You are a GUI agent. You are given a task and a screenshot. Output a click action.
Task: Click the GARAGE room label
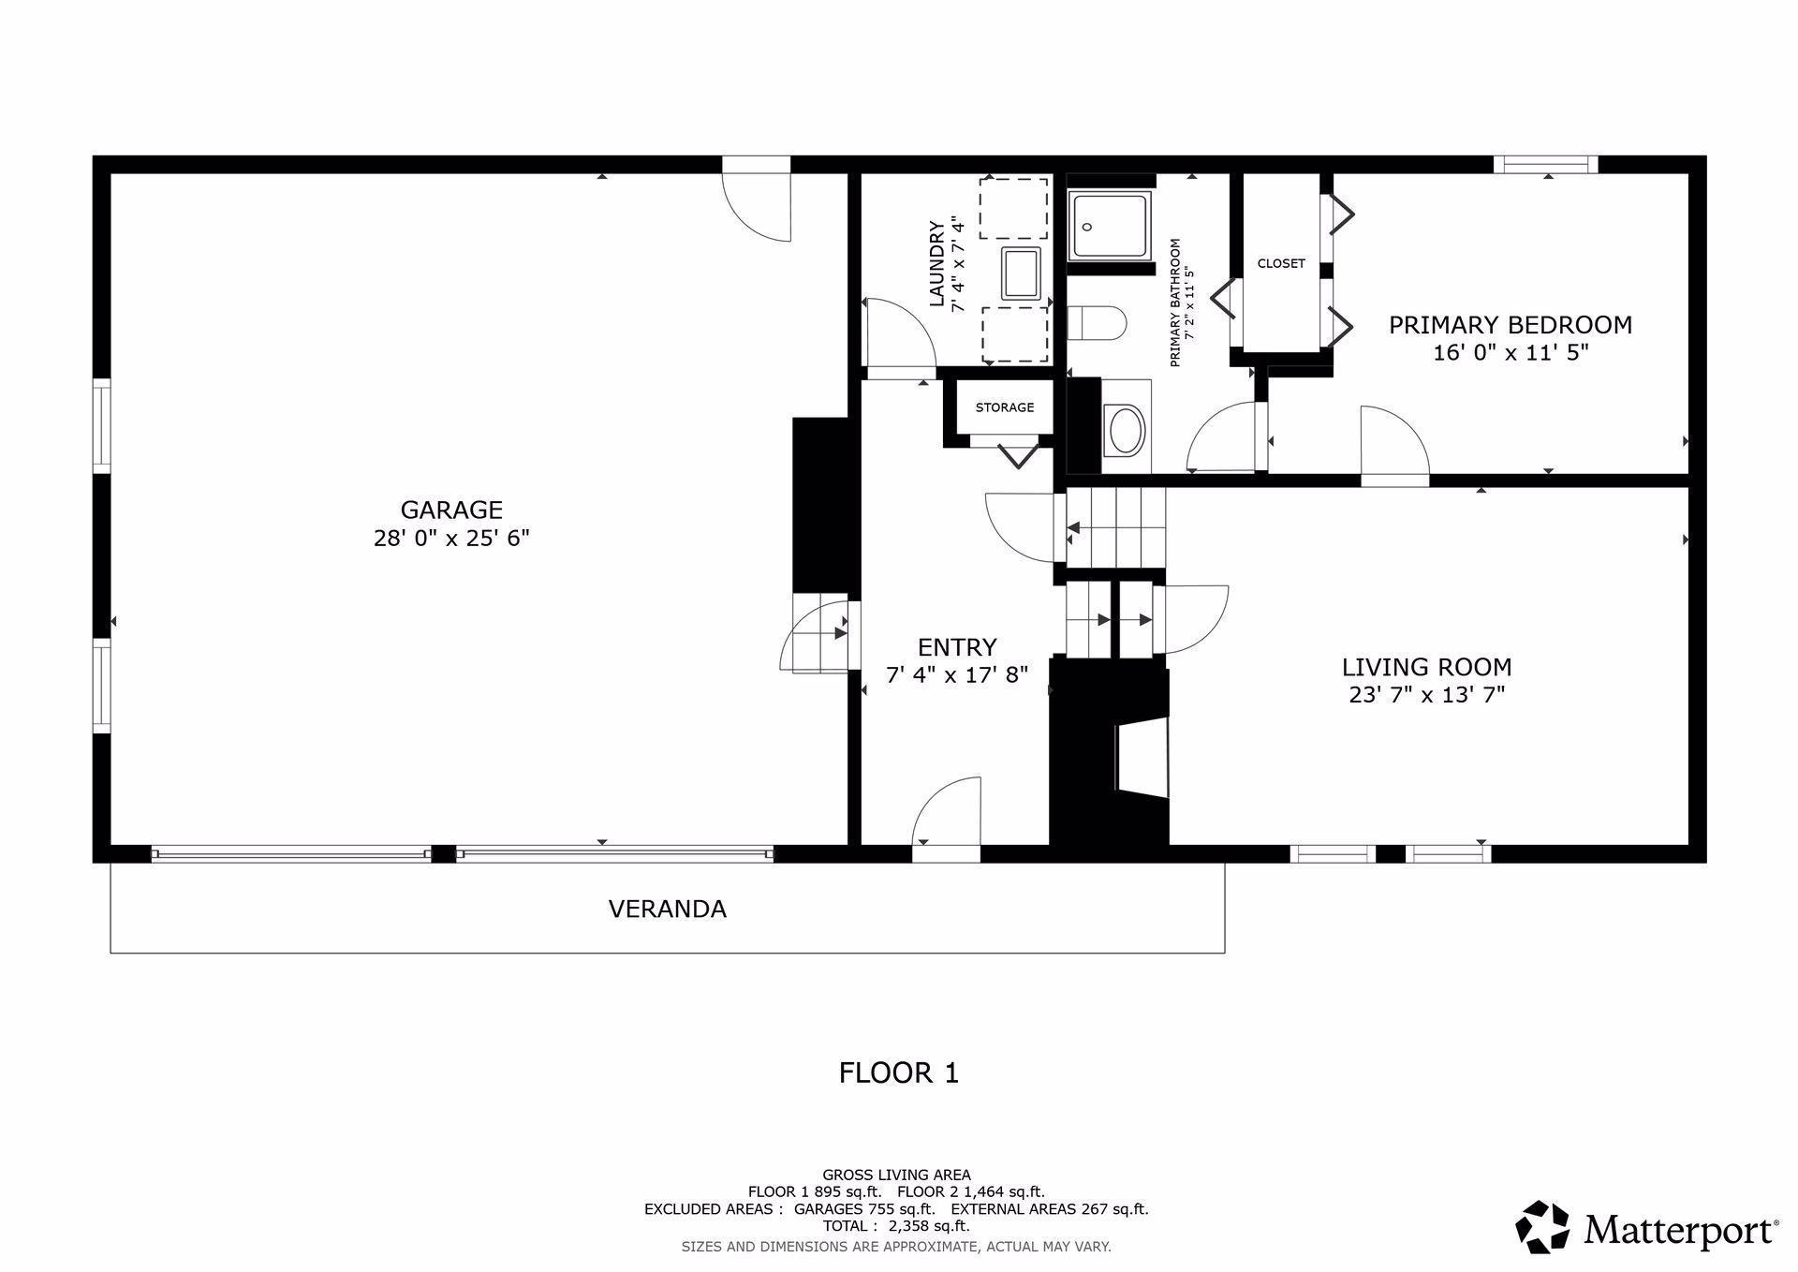pyautogui.click(x=451, y=510)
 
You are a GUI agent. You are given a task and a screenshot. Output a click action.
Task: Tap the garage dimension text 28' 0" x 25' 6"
pyautogui.click(x=451, y=539)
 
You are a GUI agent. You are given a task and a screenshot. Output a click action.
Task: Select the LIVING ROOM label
pyautogui.click(x=1426, y=667)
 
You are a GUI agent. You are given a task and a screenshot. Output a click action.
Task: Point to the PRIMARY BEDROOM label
pyautogui.click(x=1510, y=325)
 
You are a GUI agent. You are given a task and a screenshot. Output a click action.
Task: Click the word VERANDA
pyautogui.click(x=668, y=909)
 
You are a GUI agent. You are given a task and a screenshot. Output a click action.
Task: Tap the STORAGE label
pyautogui.click(x=1005, y=407)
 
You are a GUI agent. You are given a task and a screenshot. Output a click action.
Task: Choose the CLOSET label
pyautogui.click(x=1281, y=263)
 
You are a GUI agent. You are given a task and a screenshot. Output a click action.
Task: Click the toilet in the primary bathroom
pyautogui.click(x=1097, y=323)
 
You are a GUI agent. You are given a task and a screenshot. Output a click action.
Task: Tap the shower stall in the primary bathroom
pyautogui.click(x=1110, y=226)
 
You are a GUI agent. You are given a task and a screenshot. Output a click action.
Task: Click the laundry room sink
pyautogui.click(x=1022, y=273)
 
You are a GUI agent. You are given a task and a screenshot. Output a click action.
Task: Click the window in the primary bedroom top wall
pyautogui.click(x=1545, y=165)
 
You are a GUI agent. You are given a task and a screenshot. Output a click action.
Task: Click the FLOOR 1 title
pyautogui.click(x=899, y=1072)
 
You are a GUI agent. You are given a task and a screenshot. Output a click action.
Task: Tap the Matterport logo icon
pyautogui.click(x=1542, y=1226)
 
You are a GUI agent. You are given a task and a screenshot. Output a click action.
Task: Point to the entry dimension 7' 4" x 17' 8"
pyautogui.click(x=957, y=674)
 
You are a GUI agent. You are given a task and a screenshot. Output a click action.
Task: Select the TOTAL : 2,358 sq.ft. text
pyautogui.click(x=896, y=1225)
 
